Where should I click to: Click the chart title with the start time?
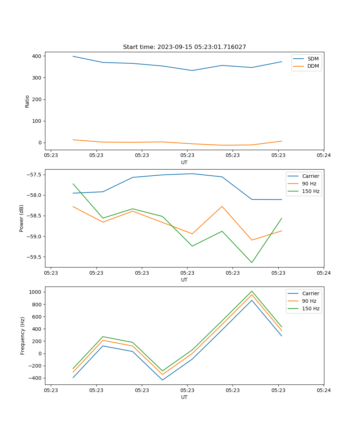[184, 47]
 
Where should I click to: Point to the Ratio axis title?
[27, 101]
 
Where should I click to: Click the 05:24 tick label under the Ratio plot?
[324, 156]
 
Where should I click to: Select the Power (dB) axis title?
[22, 218]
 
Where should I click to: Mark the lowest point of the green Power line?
[252, 262]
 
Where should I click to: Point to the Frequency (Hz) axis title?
[22, 336]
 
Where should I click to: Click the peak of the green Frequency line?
[252, 291]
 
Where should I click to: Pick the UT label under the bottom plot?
[184, 397]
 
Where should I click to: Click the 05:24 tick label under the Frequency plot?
[324, 390]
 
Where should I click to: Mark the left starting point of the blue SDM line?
[73, 56]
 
